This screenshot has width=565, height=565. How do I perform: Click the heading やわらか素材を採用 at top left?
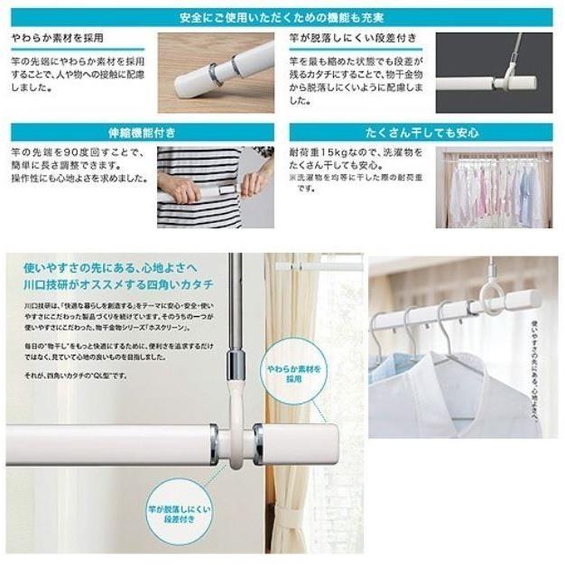coord(55,39)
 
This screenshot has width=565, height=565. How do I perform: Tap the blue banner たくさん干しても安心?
coord(421,132)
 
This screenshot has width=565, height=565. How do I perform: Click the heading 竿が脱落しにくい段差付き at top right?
coord(342,39)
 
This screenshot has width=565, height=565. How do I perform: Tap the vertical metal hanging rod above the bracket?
coord(235,307)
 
